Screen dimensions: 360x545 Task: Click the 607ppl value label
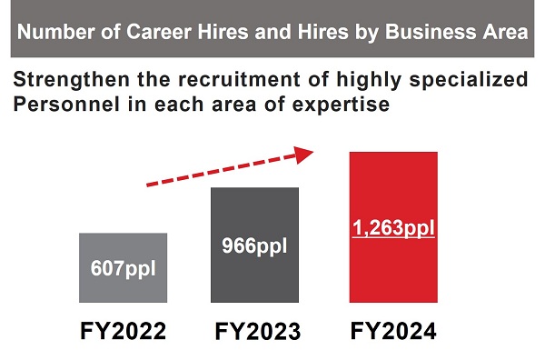[x=123, y=269]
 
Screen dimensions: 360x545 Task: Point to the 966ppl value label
[x=254, y=245]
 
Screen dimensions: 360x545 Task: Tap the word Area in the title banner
[x=504, y=34]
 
